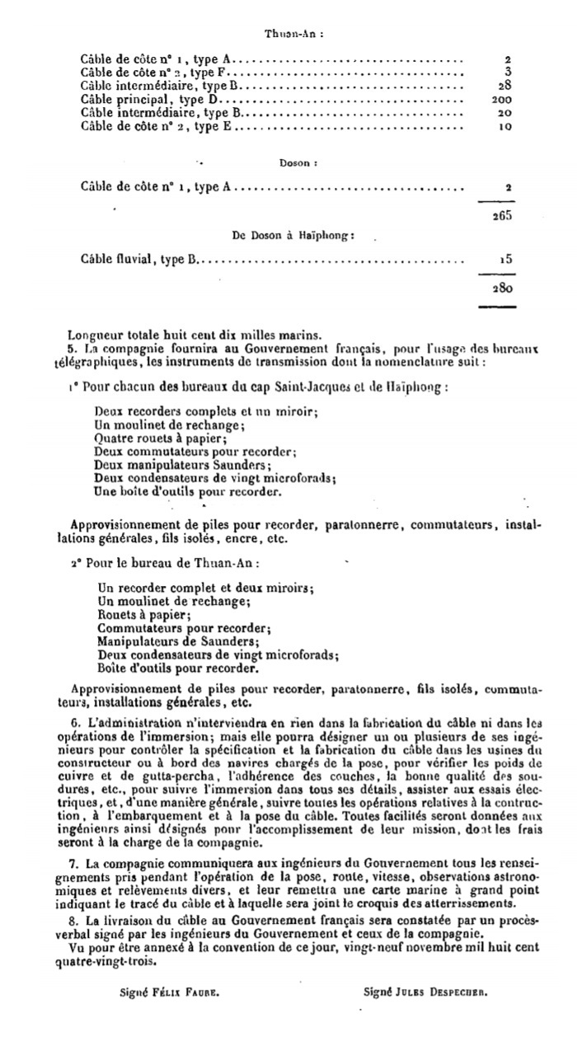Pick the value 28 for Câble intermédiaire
pos(505,86)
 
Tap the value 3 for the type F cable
pos(509,73)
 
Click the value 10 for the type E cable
pos(505,127)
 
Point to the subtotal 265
pos(501,215)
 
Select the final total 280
pos(501,288)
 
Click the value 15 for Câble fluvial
pos(505,259)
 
